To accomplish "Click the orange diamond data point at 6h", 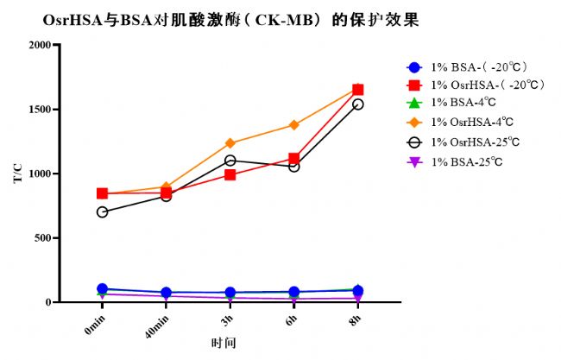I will coord(293,125).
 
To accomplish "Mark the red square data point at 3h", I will coord(230,174).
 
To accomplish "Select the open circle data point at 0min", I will coord(103,212).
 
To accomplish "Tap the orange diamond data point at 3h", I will coord(230,143).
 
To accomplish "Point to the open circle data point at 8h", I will coord(357,104).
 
